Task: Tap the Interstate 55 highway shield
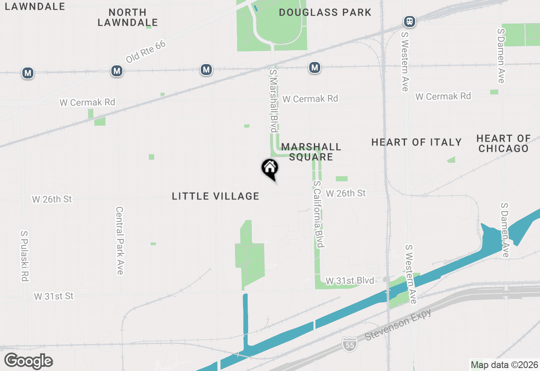point(349,344)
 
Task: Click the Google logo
point(28,361)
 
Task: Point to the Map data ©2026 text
point(505,365)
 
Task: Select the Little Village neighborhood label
point(216,196)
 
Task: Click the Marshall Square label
point(311,152)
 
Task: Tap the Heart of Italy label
point(416,142)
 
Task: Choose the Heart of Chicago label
point(503,143)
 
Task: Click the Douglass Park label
point(325,12)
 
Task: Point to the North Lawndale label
point(128,17)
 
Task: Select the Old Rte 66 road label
point(146,52)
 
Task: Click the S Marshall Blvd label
point(273,101)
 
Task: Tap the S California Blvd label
point(319,215)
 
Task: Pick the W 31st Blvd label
point(350,280)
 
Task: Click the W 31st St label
point(54,296)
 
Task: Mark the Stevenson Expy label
point(398,324)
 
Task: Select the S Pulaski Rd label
point(24,256)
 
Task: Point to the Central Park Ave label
point(119,241)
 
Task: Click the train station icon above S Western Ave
point(409,21)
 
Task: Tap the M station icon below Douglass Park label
point(314,67)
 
